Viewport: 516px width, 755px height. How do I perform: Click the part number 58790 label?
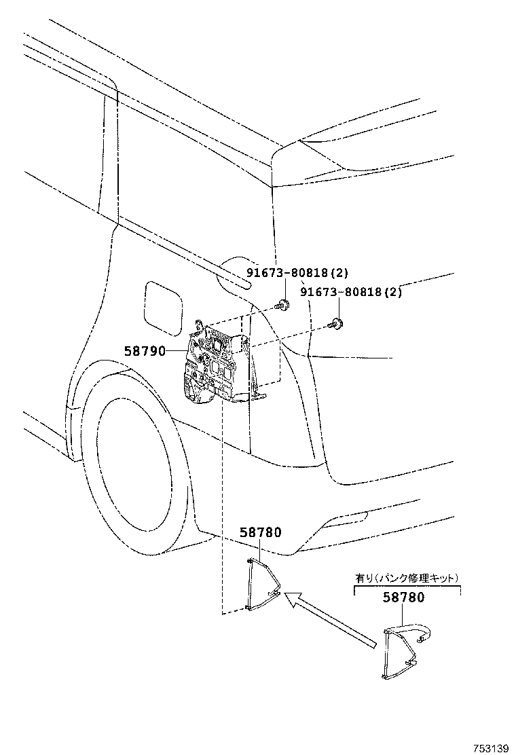point(145,351)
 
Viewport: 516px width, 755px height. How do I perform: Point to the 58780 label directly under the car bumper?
point(260,532)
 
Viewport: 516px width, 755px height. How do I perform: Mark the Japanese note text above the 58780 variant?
point(407,578)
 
